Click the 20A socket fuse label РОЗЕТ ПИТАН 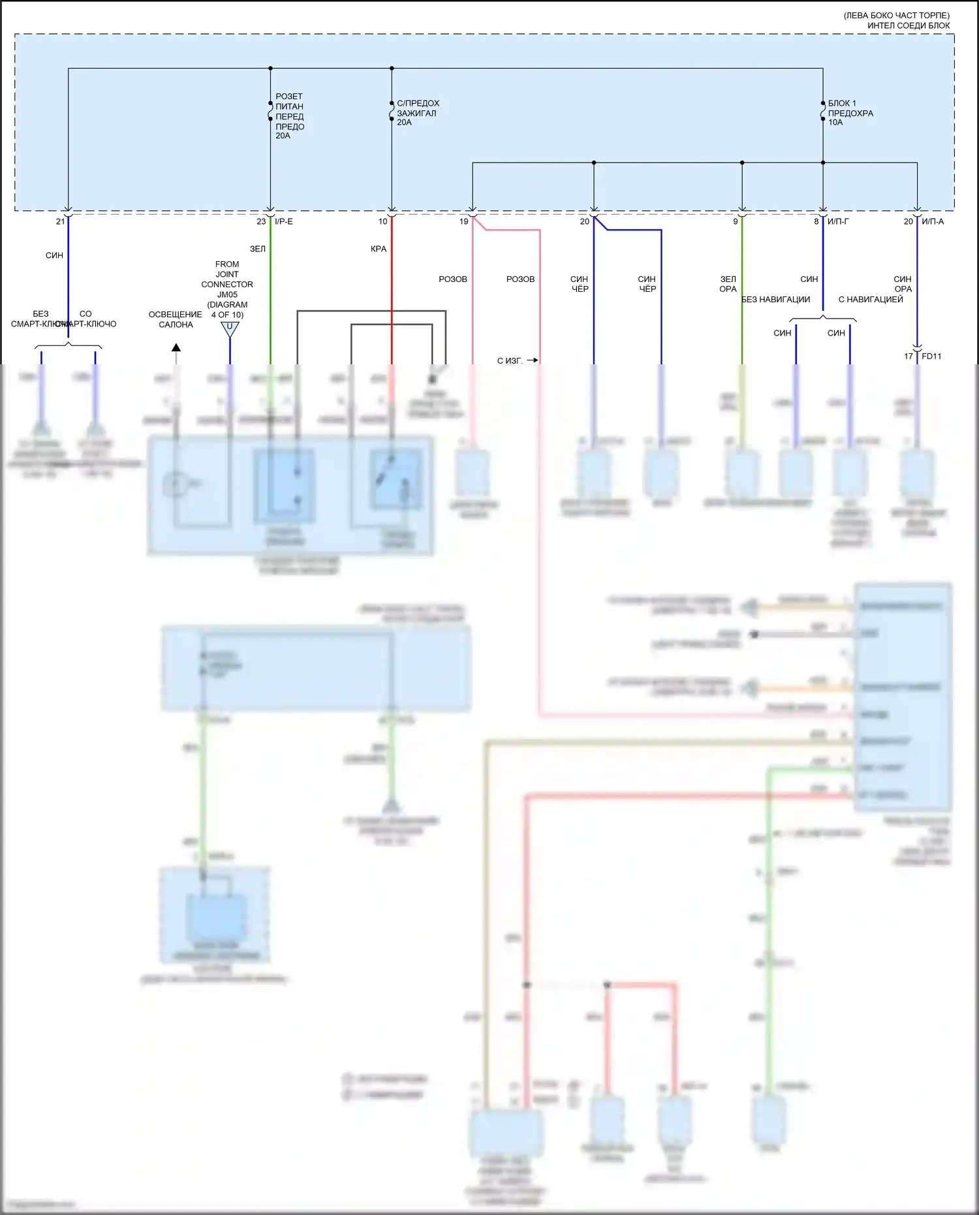(x=289, y=116)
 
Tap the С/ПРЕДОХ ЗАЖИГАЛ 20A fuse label (x=418, y=112)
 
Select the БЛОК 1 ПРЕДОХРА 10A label (x=850, y=112)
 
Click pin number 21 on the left (x=60, y=222)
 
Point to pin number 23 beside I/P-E (x=261, y=222)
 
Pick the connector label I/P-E (x=284, y=222)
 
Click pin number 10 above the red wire (x=382, y=222)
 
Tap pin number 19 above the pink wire (x=463, y=222)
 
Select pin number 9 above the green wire (x=735, y=222)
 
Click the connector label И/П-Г (x=838, y=222)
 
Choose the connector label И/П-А (x=933, y=222)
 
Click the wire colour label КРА (x=379, y=249)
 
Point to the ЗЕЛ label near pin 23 (x=258, y=249)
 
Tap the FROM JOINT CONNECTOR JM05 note (x=227, y=289)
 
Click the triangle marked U (x=230, y=328)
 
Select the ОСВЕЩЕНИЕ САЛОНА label (x=176, y=319)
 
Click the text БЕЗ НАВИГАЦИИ (x=775, y=300)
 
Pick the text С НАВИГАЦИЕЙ (x=871, y=300)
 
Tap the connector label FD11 (x=931, y=356)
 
